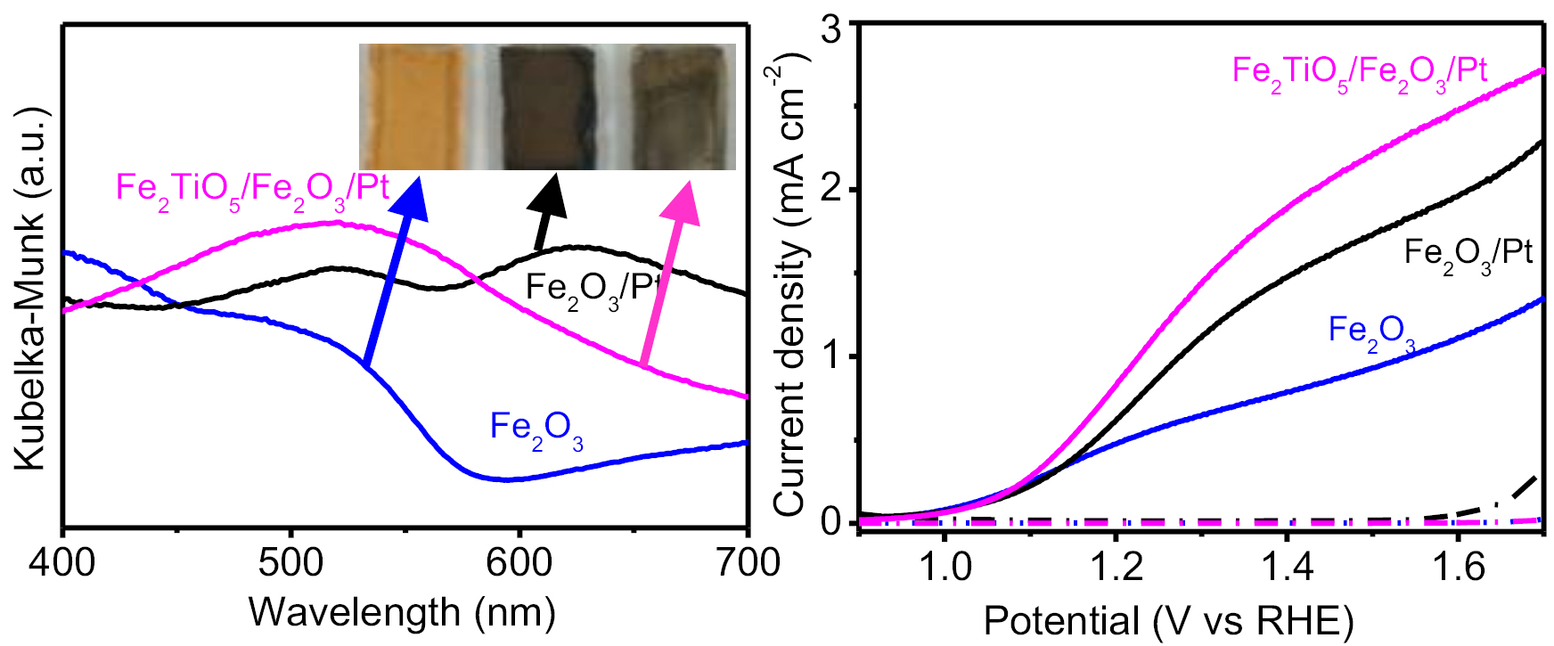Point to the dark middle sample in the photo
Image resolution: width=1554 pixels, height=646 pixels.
(546, 107)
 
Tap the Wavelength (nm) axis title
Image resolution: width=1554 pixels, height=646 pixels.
(402, 612)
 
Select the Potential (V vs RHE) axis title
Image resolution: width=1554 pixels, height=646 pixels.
(1168, 620)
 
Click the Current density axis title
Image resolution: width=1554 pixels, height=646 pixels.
(790, 285)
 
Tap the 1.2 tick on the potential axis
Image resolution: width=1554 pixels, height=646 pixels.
(1116, 567)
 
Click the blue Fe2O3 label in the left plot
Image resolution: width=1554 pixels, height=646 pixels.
(536, 430)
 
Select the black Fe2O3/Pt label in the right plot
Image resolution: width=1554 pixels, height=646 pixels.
(1468, 256)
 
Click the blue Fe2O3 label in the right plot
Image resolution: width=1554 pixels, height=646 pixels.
(1371, 333)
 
